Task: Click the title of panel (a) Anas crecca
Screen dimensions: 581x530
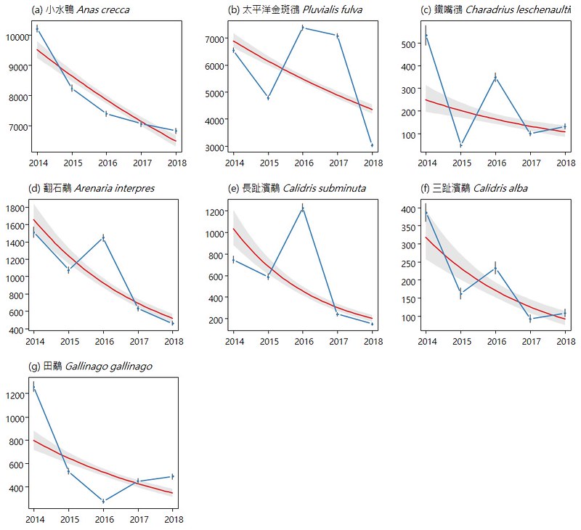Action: click(x=81, y=9)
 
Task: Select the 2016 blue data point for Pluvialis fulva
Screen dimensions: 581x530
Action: click(x=303, y=28)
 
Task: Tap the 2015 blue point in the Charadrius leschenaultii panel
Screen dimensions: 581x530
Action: click(x=460, y=144)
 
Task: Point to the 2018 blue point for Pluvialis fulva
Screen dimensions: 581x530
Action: click(x=372, y=145)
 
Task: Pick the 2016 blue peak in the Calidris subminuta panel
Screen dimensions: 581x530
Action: click(x=303, y=208)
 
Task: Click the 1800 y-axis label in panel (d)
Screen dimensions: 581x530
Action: click(x=15, y=208)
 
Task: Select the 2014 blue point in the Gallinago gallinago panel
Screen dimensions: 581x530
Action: click(x=33, y=388)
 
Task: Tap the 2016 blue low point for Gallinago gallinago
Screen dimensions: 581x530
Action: click(x=103, y=501)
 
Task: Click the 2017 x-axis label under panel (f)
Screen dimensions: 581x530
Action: click(x=532, y=341)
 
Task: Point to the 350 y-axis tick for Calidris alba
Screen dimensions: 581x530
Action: click(x=409, y=227)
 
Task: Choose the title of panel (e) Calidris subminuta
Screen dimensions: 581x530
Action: click(x=297, y=188)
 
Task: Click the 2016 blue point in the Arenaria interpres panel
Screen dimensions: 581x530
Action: click(x=103, y=238)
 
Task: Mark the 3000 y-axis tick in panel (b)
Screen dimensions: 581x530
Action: click(x=214, y=147)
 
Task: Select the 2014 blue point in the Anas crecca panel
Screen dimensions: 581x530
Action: click(x=37, y=29)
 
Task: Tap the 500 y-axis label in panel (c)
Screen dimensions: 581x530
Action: click(x=409, y=44)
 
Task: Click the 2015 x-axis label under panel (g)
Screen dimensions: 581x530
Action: click(x=70, y=520)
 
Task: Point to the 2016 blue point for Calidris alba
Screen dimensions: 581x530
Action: click(x=495, y=269)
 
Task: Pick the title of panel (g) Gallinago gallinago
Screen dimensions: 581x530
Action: click(x=90, y=367)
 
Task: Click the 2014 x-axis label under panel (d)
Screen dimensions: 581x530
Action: click(x=35, y=341)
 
